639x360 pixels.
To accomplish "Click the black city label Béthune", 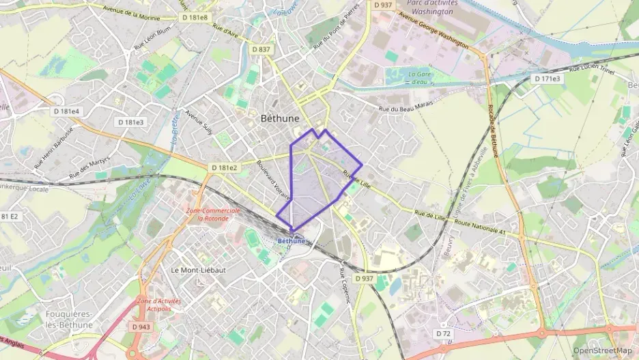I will coord(280,118).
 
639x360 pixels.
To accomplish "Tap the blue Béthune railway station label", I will coord(292,240).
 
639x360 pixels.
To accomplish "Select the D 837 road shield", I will coord(261,49).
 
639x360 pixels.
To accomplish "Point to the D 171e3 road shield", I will coord(548,79).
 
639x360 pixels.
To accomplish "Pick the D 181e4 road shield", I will coord(67,111).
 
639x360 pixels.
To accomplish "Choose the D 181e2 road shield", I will coord(224,167).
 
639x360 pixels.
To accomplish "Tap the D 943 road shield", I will coord(142,327).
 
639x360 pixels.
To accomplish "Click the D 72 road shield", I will coord(444,333).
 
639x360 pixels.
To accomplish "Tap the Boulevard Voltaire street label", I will coord(274,180).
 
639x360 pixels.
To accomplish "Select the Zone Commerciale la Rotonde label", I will coord(213,214).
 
